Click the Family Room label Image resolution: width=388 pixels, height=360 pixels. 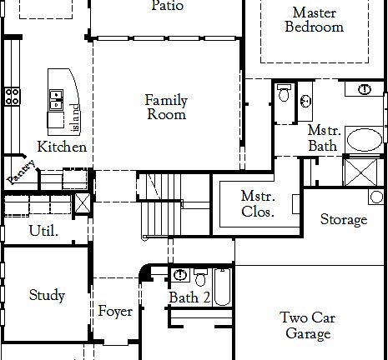tap(167, 107)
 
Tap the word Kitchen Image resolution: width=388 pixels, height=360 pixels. tap(62, 147)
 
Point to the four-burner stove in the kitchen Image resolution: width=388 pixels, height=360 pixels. tap(13, 96)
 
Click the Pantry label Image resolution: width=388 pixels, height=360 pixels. tap(20, 172)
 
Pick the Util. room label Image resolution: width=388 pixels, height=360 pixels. tap(43, 230)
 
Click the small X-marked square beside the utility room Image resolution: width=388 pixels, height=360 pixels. tap(83, 203)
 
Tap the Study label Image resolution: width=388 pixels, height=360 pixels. tap(47, 295)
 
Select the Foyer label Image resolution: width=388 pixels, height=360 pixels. tap(115, 312)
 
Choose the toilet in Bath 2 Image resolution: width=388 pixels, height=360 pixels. tap(200, 276)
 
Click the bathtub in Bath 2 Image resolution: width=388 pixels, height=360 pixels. tap(222, 287)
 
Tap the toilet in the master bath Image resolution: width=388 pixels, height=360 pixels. tap(284, 93)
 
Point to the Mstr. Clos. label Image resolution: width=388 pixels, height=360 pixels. tap(258, 203)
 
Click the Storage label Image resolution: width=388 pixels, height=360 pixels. tap(344, 220)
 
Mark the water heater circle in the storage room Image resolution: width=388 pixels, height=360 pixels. tap(376, 197)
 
